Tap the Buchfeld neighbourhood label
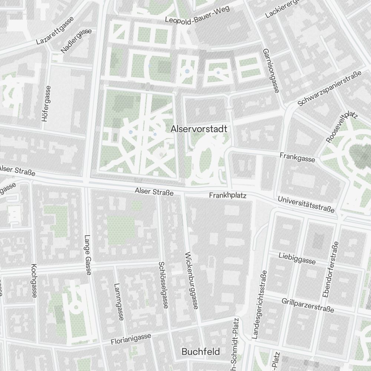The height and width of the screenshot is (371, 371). point(201,351)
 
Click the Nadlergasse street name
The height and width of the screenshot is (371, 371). point(76,41)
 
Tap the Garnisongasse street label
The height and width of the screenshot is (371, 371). point(270,70)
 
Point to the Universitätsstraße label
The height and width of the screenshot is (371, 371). point(306,205)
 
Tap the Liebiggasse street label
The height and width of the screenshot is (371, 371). point(297,258)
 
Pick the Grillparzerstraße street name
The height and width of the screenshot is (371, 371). point(308,305)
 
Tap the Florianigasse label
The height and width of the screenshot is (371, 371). point(131,339)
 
